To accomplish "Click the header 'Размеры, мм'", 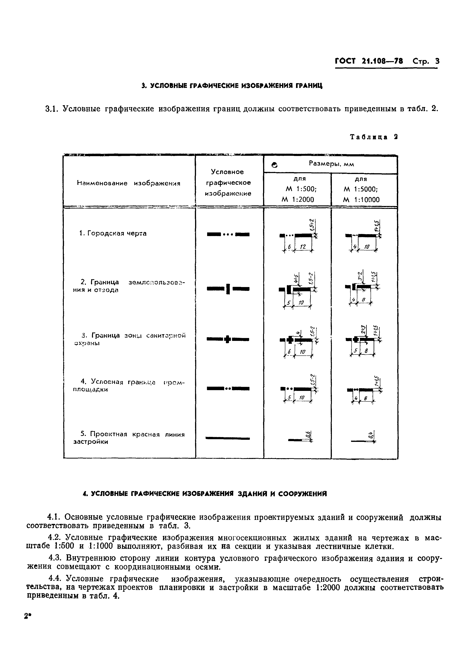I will [331, 164].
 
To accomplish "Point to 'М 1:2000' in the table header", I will [297, 200].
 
